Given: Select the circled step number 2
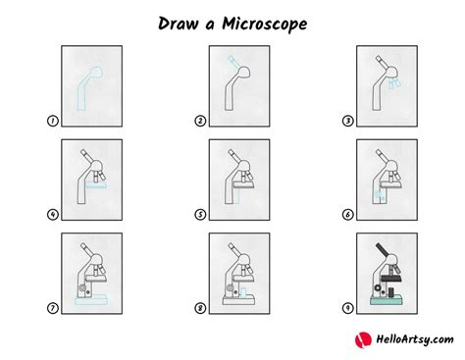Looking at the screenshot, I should pyautogui.click(x=199, y=123).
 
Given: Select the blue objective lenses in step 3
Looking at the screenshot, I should pyautogui.click(x=393, y=85).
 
